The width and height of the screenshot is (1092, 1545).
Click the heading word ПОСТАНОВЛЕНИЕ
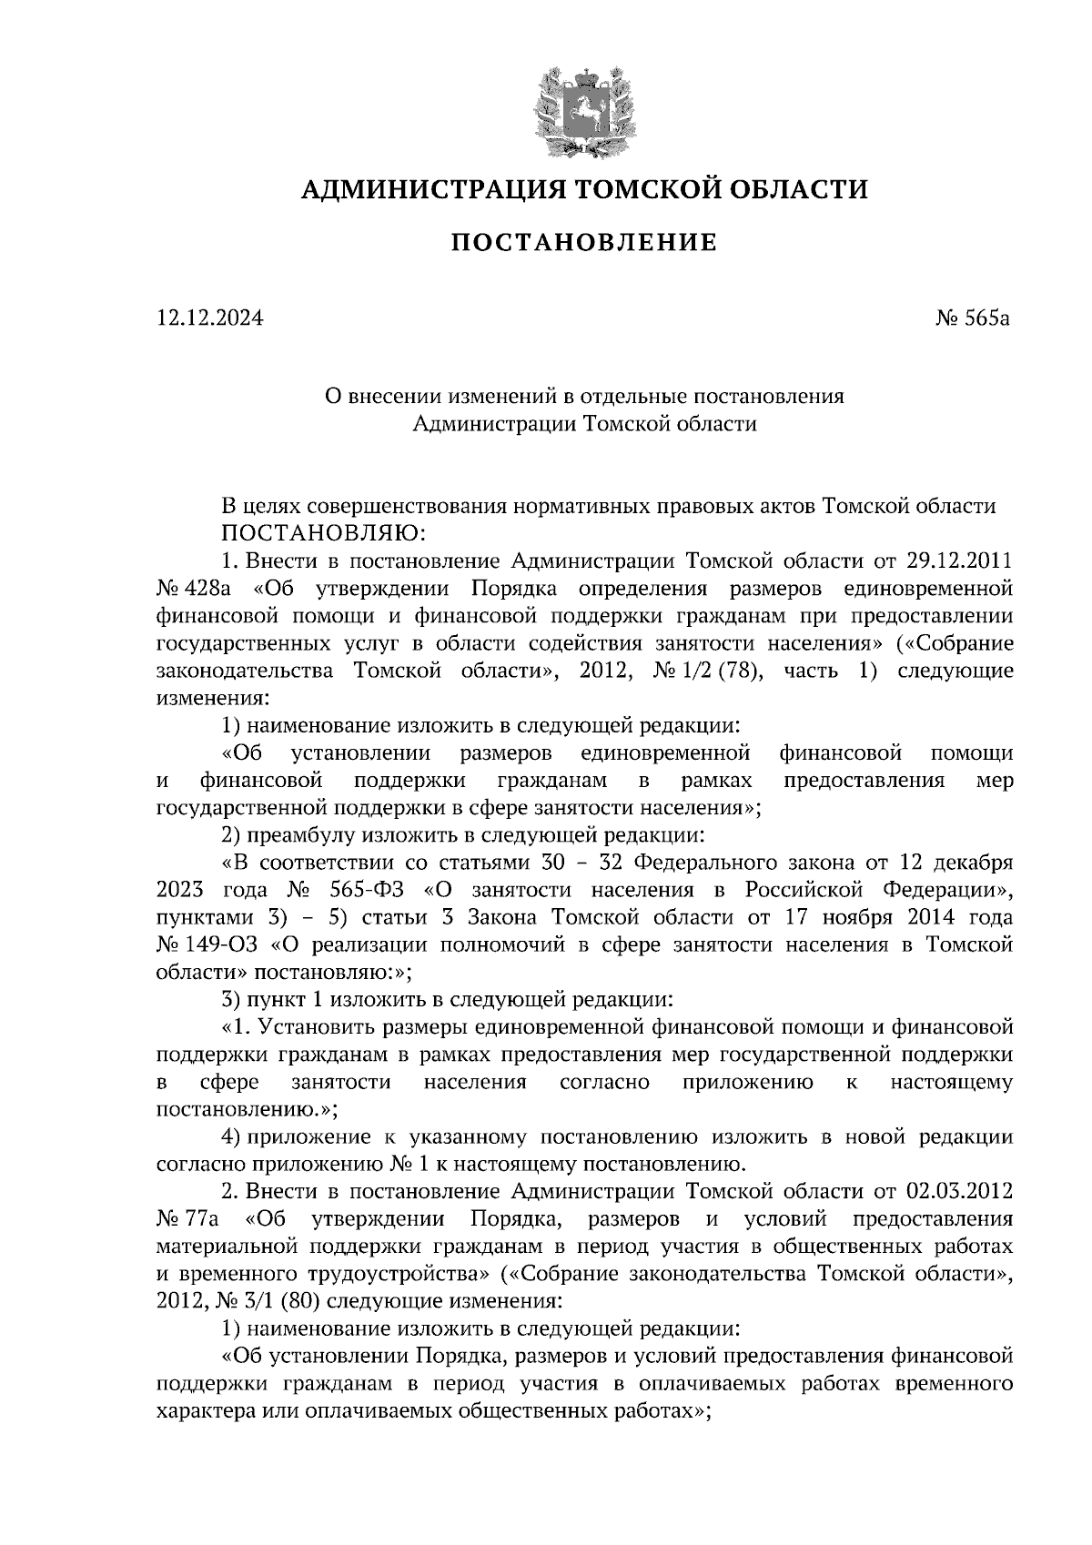pyautogui.click(x=584, y=243)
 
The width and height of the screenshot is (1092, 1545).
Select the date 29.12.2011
pyautogui.click(x=960, y=558)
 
